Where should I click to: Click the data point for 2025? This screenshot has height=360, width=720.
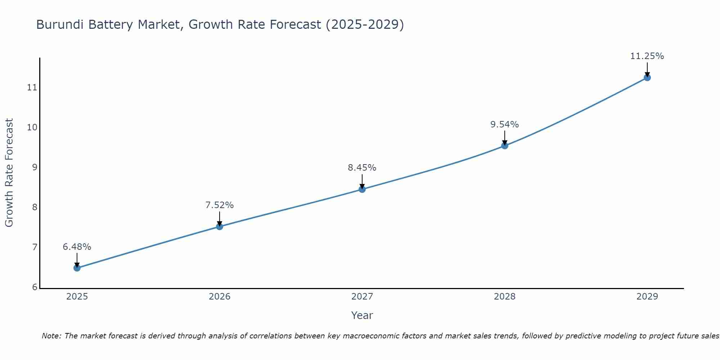click(x=77, y=268)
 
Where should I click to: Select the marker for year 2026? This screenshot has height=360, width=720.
click(x=220, y=226)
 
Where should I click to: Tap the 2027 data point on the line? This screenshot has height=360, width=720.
click(x=362, y=189)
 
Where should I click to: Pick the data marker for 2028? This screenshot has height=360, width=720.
click(x=505, y=146)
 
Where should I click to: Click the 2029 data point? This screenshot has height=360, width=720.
click(x=647, y=77)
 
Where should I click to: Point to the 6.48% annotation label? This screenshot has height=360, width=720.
click(x=77, y=247)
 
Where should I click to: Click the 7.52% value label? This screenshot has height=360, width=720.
click(x=220, y=205)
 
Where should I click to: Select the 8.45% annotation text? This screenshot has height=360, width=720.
click(x=362, y=168)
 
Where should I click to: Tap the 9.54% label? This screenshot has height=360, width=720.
click(x=505, y=125)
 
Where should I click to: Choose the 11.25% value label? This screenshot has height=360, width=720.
click(x=647, y=56)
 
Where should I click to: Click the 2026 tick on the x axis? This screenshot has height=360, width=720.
click(x=220, y=297)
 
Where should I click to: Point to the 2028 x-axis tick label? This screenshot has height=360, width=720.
click(x=505, y=297)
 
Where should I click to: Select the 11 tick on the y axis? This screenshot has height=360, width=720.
click(x=32, y=87)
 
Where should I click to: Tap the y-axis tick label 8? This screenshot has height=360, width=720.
click(x=35, y=207)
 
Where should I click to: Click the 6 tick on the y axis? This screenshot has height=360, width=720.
click(x=35, y=287)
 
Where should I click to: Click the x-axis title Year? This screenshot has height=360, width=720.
click(x=362, y=315)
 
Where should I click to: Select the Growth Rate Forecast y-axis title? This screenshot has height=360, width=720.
click(x=9, y=173)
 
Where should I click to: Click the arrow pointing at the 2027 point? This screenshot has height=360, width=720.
click(x=362, y=181)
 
